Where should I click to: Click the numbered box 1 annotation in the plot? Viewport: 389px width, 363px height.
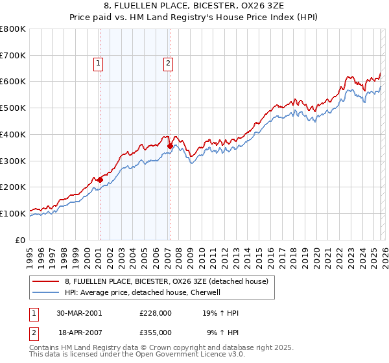(x=98, y=63)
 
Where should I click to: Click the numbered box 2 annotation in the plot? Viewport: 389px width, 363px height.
(x=168, y=63)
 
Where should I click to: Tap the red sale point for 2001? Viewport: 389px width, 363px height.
(x=100, y=180)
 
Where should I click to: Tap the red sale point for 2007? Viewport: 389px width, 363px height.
(x=170, y=146)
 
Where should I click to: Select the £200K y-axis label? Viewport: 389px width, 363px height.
(x=13, y=187)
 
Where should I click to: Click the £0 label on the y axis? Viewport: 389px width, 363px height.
(x=21, y=240)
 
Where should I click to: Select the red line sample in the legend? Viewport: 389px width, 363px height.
(x=45, y=281)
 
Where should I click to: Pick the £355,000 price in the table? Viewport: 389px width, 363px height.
(x=155, y=332)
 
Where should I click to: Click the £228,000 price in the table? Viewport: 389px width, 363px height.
(x=155, y=312)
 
